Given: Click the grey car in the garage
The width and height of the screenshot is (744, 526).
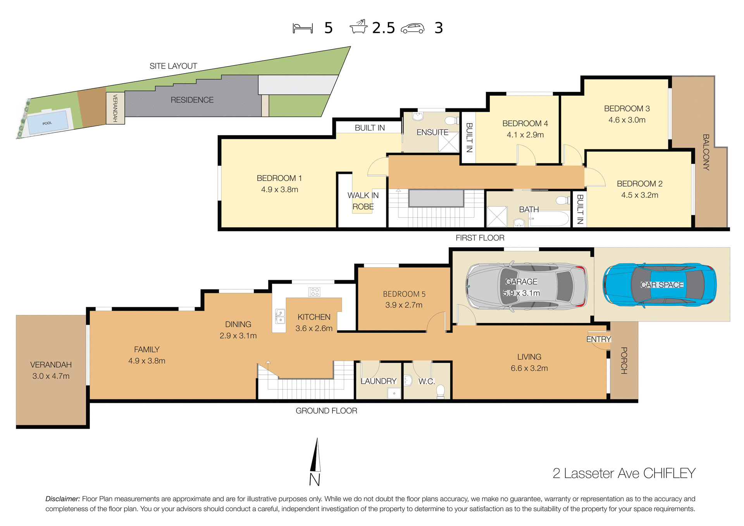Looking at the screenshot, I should (527, 287).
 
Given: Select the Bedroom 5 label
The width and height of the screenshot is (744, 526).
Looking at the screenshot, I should (404, 294).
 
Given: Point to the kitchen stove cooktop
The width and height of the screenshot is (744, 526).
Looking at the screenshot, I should (314, 292).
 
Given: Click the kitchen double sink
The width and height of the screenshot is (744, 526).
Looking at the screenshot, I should (280, 316).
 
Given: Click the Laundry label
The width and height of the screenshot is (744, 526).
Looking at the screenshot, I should (378, 381).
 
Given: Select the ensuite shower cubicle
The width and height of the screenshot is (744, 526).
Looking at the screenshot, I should (448, 142).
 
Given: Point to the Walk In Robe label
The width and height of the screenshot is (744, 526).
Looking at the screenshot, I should (363, 201).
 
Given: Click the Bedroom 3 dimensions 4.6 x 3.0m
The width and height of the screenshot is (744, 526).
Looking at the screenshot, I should (627, 120).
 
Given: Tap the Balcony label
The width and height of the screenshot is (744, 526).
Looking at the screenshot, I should (706, 152).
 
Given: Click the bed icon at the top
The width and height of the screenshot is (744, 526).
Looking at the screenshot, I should (303, 28).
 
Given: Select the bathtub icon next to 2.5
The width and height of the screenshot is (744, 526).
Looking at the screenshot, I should (359, 27).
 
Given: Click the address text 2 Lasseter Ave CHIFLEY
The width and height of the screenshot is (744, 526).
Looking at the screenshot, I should (624, 473).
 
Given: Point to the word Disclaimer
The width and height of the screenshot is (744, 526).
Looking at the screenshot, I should (62, 499).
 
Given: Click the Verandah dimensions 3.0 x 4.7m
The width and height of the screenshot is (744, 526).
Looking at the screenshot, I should (51, 376).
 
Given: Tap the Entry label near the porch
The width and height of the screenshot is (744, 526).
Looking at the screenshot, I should (598, 339).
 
